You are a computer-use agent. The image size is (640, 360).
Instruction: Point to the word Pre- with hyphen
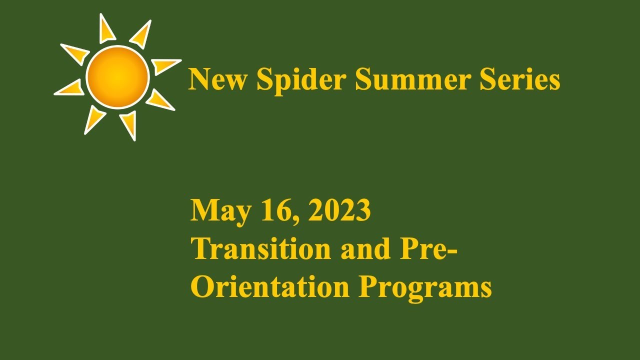pyautogui.click(x=429, y=248)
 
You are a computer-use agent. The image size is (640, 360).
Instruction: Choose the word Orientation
pyautogui.click(x=270, y=287)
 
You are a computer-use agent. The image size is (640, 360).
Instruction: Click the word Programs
pyautogui.click(x=425, y=288)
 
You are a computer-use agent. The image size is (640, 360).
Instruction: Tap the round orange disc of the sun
pyautogui.click(x=117, y=76)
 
